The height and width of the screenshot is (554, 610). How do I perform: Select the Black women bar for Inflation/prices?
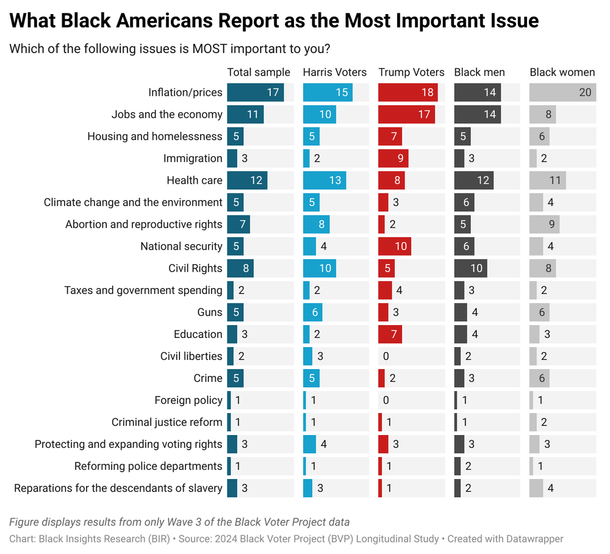[x=562, y=92]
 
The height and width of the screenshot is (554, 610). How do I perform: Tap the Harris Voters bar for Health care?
[x=325, y=180]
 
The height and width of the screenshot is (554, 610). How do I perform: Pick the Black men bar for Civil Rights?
[x=470, y=268]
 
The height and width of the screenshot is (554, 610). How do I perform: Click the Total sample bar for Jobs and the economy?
[x=245, y=114]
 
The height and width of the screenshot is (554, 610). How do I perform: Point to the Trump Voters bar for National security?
[x=395, y=246]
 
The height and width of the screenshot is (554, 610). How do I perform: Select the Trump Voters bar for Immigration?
[x=393, y=158]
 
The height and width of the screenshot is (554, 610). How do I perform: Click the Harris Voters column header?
[x=335, y=72]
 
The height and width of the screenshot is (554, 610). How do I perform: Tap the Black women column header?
[x=562, y=72]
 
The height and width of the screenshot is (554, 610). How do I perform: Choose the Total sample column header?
[x=259, y=72]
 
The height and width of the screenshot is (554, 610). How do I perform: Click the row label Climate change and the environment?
[x=133, y=202]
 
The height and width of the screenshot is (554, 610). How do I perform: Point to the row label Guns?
[x=210, y=312]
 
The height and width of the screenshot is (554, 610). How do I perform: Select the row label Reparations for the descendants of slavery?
[x=118, y=487]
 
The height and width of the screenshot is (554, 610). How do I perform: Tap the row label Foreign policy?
[x=188, y=400]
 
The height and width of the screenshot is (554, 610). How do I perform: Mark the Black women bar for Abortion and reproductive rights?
[x=544, y=224]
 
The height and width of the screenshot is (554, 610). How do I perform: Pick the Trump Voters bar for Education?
[x=390, y=334]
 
